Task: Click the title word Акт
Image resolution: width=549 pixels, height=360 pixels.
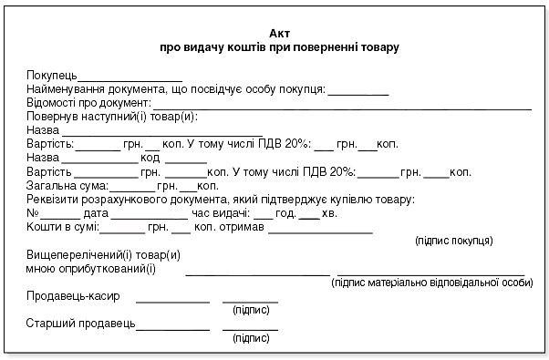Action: coord(279,34)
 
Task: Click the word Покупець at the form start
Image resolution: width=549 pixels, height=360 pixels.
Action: coord(52,76)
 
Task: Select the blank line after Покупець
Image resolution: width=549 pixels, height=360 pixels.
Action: coord(129,81)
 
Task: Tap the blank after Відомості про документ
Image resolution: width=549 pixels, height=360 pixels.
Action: coord(342,108)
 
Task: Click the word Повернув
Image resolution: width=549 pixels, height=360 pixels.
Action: coord(52,117)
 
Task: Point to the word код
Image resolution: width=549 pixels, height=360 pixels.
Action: coord(150,159)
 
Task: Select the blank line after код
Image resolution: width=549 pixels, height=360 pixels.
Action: coord(186,163)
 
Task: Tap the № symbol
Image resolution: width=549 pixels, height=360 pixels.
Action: coord(33,213)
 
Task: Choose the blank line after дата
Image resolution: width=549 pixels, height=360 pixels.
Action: coord(150,219)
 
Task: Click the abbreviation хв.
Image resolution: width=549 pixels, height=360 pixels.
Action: coord(329,213)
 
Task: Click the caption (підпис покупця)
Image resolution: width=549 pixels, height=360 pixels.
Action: coord(454,241)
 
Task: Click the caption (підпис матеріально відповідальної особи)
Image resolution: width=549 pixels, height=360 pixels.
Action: coord(432,283)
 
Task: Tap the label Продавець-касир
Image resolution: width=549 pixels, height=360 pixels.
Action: coord(73,296)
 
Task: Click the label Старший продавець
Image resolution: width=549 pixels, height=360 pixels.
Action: coord(80,324)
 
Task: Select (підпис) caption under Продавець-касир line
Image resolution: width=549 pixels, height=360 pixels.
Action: coord(251,310)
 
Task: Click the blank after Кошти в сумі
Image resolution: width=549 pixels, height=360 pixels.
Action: coord(122,232)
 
